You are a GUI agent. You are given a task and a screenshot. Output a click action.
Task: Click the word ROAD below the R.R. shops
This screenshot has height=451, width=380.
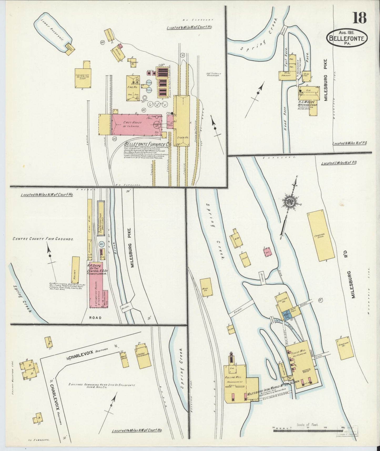point(95,318)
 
